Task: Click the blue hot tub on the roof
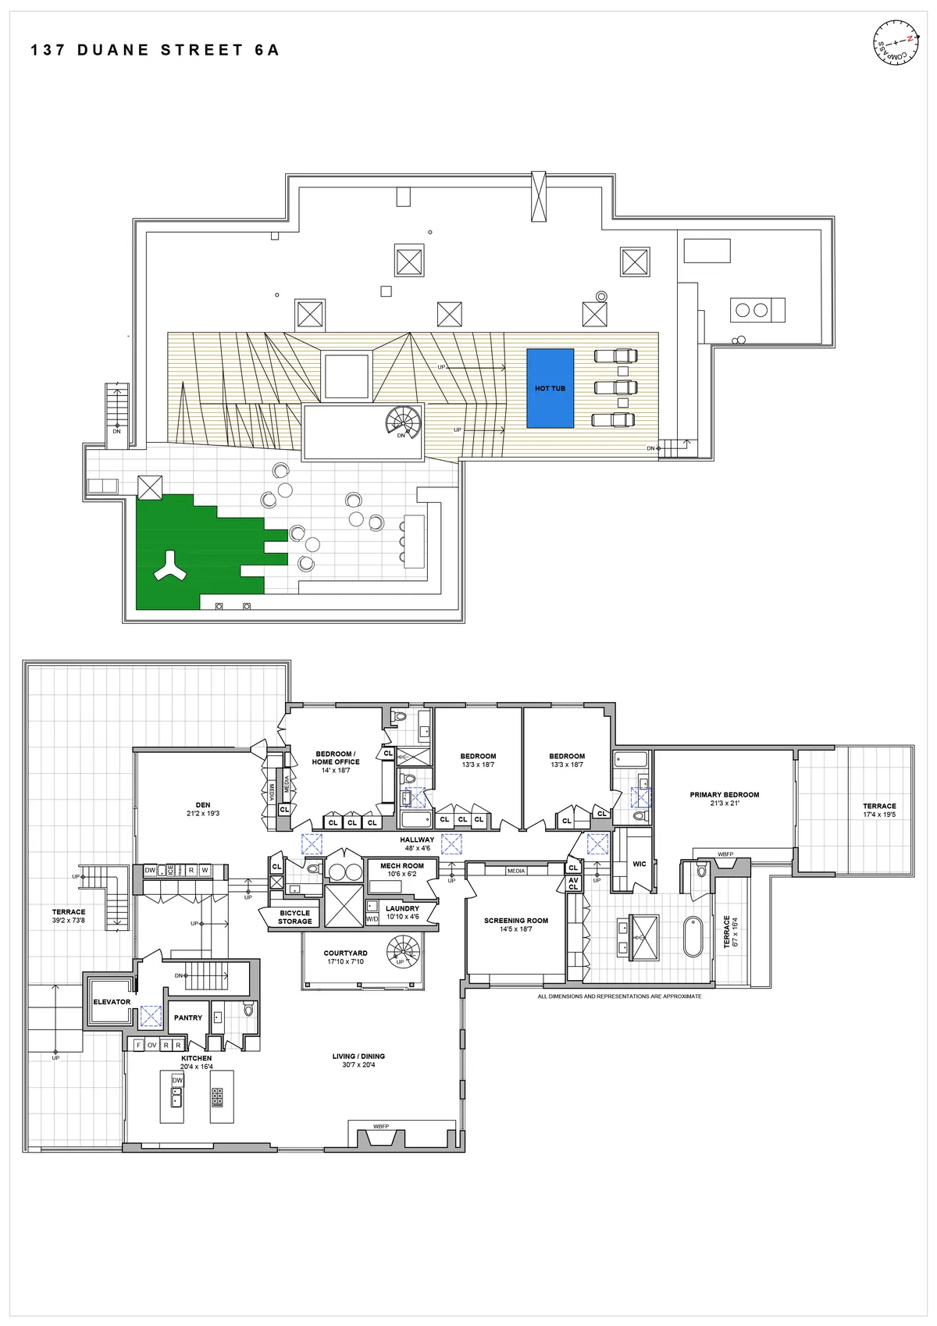550,388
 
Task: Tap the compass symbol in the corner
893,45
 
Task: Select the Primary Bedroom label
724,795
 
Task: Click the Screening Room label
516,921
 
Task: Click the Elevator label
112,1002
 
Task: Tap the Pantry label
188,1018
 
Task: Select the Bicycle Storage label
295,918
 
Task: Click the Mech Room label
402,866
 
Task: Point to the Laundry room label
402,909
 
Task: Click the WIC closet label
640,864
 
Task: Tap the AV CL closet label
573,884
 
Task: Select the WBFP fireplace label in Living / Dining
381,1127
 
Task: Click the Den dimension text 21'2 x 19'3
203,814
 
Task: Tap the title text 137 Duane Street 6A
155,51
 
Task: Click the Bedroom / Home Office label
336,758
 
